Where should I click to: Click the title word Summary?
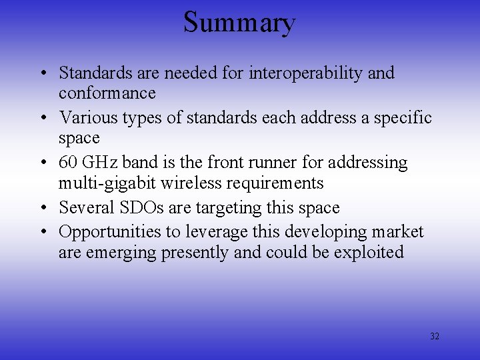pyautogui.click(x=239, y=23)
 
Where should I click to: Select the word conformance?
pyautogui.click(x=107, y=93)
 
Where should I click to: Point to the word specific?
pyautogui.click(x=400, y=118)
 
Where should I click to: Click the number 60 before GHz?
pyautogui.click(x=68, y=163)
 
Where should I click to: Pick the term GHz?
pyautogui.click(x=100, y=163)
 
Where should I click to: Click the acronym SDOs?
pyautogui.click(x=142, y=207)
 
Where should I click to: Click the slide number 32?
pyautogui.click(x=435, y=337)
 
